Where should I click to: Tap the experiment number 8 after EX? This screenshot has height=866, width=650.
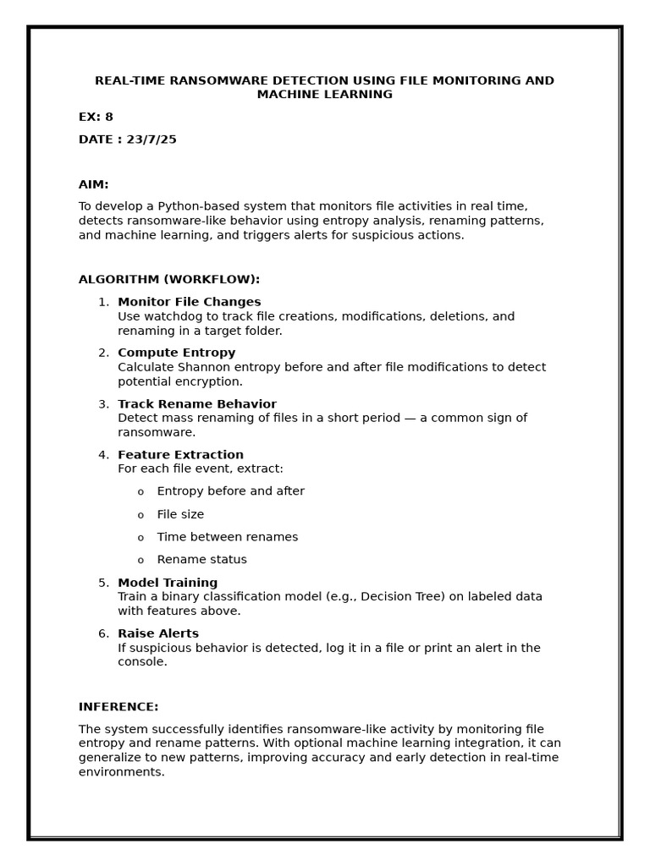click(108, 118)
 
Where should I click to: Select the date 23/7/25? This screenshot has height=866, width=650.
click(151, 140)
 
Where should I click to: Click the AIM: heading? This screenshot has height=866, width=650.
click(93, 184)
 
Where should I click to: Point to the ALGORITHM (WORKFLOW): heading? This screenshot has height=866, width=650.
click(169, 280)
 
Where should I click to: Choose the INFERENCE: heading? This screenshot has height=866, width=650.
click(118, 707)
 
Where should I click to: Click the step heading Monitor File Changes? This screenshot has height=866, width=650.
click(189, 302)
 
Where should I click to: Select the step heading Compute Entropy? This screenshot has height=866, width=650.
click(176, 353)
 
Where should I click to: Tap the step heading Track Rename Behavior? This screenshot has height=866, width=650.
click(196, 404)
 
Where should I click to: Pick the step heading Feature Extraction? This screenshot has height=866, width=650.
click(180, 455)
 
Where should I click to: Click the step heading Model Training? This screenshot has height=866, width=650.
click(168, 583)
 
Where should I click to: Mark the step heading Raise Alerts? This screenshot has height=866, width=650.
click(158, 633)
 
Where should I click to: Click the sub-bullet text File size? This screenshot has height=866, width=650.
click(180, 514)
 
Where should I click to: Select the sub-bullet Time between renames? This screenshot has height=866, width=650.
click(227, 537)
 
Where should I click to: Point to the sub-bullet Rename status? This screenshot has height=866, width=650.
click(201, 560)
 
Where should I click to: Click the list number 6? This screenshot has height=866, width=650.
click(102, 633)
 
